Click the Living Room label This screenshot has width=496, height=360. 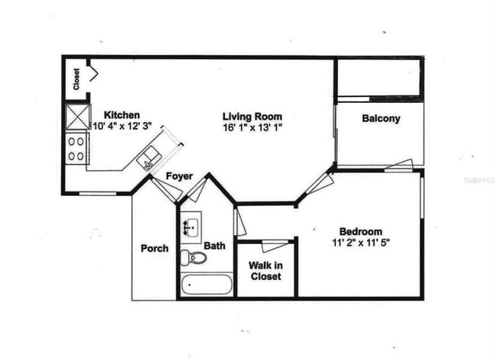(x=252, y=116)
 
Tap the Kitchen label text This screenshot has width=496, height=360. (x=122, y=114)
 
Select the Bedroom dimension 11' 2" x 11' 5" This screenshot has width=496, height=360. (x=360, y=244)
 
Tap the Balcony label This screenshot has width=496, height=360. (x=381, y=118)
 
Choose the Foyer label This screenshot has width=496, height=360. (x=179, y=176)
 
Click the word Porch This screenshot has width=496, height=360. (x=154, y=249)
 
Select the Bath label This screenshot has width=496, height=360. (x=214, y=246)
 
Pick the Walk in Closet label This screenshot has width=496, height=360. (x=266, y=271)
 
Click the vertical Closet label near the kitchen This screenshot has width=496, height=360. (x=77, y=79)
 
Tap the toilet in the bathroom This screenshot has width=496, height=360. (x=194, y=257)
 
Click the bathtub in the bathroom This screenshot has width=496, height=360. (x=207, y=285)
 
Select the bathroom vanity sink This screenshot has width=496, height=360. (x=191, y=226)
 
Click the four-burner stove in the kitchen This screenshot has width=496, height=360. (x=76, y=148)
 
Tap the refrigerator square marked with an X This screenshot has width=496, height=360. (x=76, y=117)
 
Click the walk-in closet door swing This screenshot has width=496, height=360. (x=275, y=246)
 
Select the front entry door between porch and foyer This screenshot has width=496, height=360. (x=166, y=189)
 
